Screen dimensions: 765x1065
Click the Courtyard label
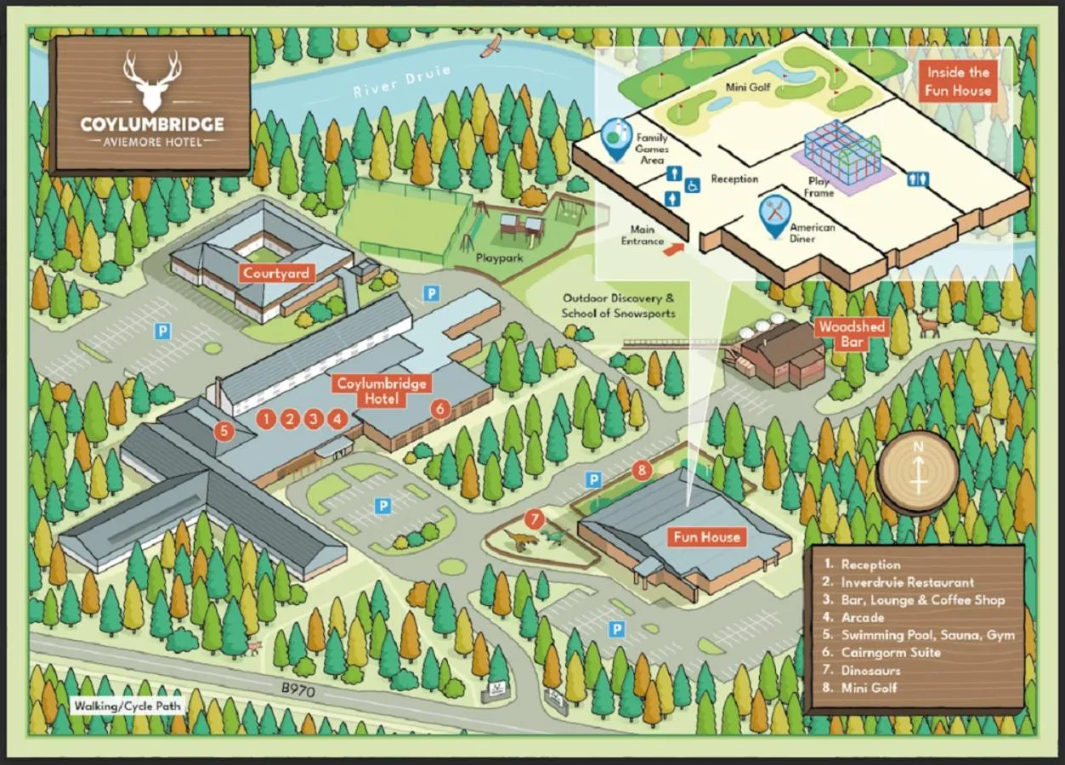277,274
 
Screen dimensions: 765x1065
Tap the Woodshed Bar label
852,334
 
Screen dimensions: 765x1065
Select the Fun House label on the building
707,537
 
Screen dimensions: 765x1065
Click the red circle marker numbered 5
224,431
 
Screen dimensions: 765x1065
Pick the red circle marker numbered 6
439,408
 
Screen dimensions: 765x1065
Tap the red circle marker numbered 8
642,469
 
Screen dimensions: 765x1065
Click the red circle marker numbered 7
534,518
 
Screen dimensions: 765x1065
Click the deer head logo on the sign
152,80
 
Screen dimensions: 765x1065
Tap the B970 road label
297,691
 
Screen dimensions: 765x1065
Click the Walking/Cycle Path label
127,705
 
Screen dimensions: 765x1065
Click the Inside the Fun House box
959,82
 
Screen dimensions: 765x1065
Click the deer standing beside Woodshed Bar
928,323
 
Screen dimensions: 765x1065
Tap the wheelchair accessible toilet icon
692,185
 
